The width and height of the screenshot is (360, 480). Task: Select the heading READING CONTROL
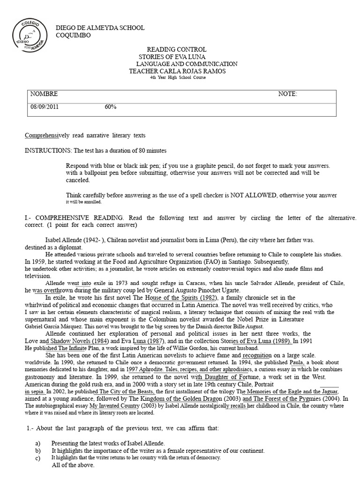(177, 50)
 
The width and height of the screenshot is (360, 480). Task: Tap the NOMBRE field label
(44, 94)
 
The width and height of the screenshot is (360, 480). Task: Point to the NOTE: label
(287, 94)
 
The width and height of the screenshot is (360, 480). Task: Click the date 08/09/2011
(45, 107)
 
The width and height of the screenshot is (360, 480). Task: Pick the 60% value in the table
(111, 107)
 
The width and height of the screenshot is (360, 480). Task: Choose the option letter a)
(38, 443)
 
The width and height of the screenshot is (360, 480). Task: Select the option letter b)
(38, 451)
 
